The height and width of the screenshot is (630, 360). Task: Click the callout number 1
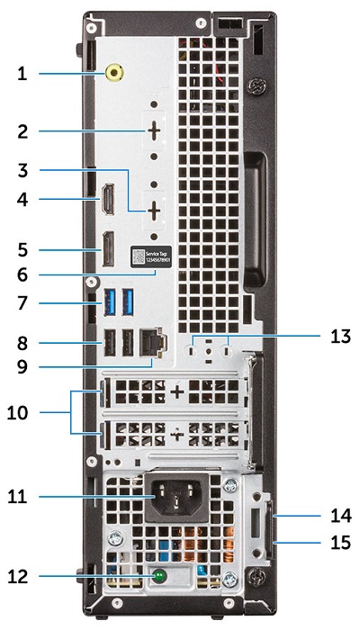[x=22, y=74]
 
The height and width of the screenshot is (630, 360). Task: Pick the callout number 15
[x=341, y=543]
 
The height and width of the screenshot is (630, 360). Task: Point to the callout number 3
[x=22, y=168]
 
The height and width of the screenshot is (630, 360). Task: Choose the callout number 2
[x=22, y=131]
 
